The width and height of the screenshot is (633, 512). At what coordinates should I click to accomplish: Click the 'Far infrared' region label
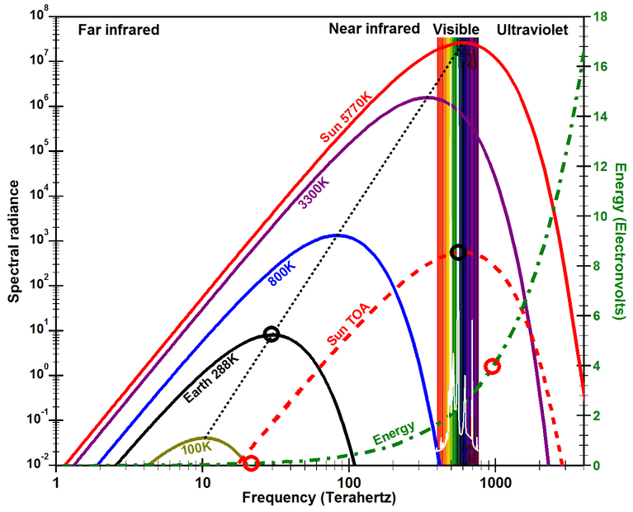pos(118,30)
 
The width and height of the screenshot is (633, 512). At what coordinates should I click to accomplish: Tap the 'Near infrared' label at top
pos(375,29)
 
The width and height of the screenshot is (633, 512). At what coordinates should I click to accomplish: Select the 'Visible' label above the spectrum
pos(456,30)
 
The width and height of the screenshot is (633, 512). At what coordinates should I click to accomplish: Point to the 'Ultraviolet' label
pos(532,30)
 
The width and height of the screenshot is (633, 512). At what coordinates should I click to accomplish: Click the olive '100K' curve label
pos(196,447)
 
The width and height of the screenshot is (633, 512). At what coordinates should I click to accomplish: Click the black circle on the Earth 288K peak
pos(271,334)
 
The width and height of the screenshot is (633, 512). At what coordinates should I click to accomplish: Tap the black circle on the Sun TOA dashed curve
pos(459,252)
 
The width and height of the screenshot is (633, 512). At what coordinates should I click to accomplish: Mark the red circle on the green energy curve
pos(493,367)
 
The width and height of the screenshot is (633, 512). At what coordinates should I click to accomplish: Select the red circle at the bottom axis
pos(251,463)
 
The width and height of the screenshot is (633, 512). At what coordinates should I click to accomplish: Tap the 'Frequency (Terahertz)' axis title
pos(319,499)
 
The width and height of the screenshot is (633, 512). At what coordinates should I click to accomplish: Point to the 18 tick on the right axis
pos(602,17)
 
